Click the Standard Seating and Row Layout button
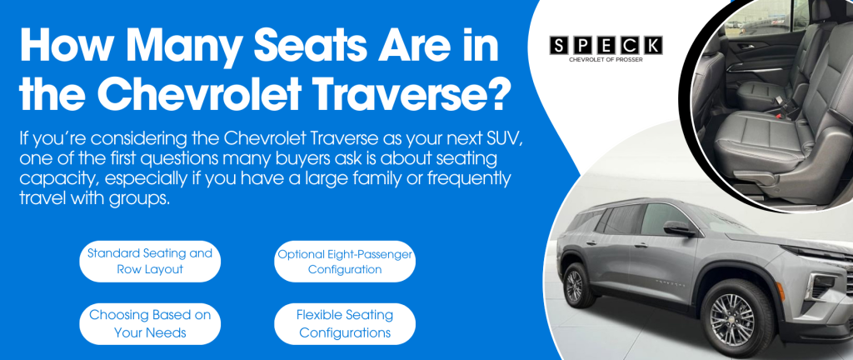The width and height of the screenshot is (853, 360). click(x=150, y=261)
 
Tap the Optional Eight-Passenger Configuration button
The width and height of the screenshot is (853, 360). click(x=344, y=261)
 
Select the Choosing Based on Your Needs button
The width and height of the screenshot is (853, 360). click(x=150, y=323)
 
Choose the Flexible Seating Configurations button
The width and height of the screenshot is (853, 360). click(x=344, y=323)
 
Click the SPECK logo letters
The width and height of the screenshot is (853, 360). click(x=606, y=46)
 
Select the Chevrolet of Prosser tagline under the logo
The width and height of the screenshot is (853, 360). click(x=606, y=60)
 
